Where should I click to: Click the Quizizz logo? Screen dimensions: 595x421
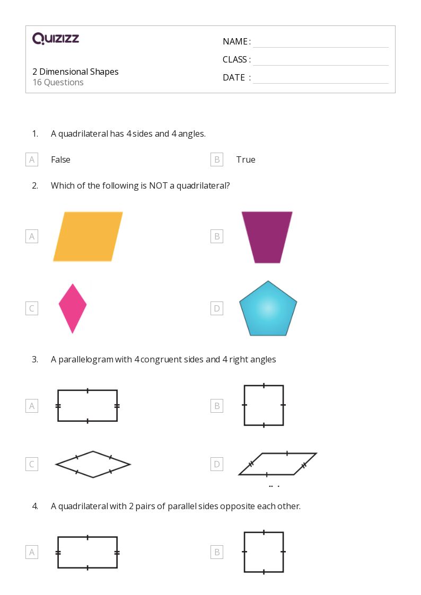[x=56, y=38]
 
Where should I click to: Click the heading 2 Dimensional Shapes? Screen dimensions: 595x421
[x=75, y=72]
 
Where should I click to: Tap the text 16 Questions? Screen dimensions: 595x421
[x=58, y=82]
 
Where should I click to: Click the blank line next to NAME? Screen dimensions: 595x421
[x=320, y=42]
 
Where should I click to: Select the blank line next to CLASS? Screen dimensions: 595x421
[x=320, y=60]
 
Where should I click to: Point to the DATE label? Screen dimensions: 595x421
[x=234, y=77]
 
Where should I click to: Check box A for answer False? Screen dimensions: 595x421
[x=32, y=159]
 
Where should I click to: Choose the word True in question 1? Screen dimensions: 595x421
[x=245, y=159]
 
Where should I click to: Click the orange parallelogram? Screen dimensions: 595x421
[x=88, y=236]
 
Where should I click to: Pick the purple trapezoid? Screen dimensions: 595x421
[x=267, y=237]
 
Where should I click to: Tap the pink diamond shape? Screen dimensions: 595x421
[x=73, y=308]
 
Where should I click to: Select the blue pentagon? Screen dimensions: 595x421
[x=268, y=309]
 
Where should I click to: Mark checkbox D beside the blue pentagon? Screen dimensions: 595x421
[x=216, y=308]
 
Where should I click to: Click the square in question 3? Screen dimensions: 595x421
[x=264, y=405]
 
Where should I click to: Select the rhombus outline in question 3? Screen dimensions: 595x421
[x=93, y=465]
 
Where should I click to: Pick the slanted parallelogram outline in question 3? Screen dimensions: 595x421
[x=277, y=464]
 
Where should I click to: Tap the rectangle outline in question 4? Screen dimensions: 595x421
[x=87, y=553]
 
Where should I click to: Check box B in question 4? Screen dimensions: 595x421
[x=216, y=552]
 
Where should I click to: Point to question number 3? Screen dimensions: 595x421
[x=35, y=359]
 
